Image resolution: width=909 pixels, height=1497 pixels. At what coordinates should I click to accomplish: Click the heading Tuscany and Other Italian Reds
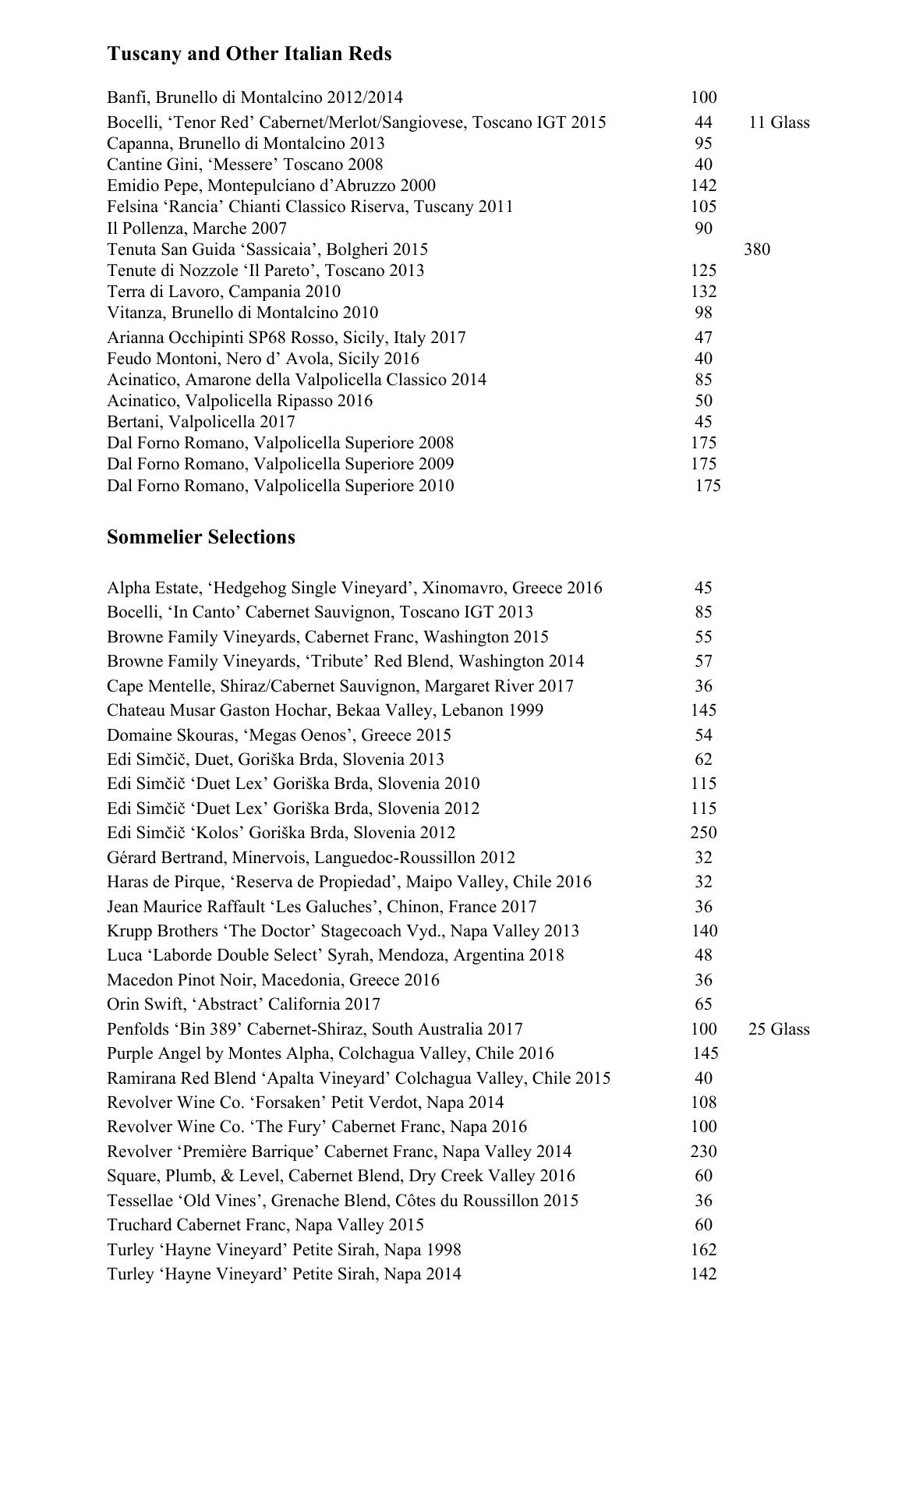[x=249, y=54]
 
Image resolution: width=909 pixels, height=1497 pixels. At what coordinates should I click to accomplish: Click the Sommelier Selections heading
[x=201, y=537]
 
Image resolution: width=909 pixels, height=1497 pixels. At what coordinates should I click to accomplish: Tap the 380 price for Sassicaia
[x=757, y=249]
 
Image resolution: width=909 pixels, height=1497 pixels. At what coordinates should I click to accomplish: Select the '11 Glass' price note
[x=779, y=122]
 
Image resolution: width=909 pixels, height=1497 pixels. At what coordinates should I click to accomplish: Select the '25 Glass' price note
[x=779, y=1029]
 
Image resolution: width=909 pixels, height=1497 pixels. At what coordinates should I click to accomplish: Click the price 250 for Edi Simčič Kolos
[x=703, y=833]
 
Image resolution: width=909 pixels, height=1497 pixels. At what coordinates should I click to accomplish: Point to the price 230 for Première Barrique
[x=703, y=1152]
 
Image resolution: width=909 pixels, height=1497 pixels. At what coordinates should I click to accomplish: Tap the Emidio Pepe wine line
[x=271, y=186]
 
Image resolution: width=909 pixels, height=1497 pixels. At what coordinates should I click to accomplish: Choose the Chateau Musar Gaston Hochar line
[x=325, y=710]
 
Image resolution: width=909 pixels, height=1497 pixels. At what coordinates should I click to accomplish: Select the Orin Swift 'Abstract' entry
[x=243, y=1004]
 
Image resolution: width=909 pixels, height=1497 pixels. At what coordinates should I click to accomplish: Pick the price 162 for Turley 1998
[x=703, y=1250]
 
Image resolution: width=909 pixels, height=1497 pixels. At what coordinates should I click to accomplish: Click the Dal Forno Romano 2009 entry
[x=281, y=464]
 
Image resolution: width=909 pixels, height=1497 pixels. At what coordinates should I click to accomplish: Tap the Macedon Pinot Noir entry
[x=273, y=980]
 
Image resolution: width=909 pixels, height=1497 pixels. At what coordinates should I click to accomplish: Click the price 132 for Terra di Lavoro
[x=703, y=292]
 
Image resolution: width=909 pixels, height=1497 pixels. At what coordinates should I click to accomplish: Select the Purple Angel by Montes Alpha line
[x=331, y=1053]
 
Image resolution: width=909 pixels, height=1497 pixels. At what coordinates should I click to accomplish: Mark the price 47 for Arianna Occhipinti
[x=703, y=338]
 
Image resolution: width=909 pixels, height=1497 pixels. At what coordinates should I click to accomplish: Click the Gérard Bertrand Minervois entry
[x=311, y=858]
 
